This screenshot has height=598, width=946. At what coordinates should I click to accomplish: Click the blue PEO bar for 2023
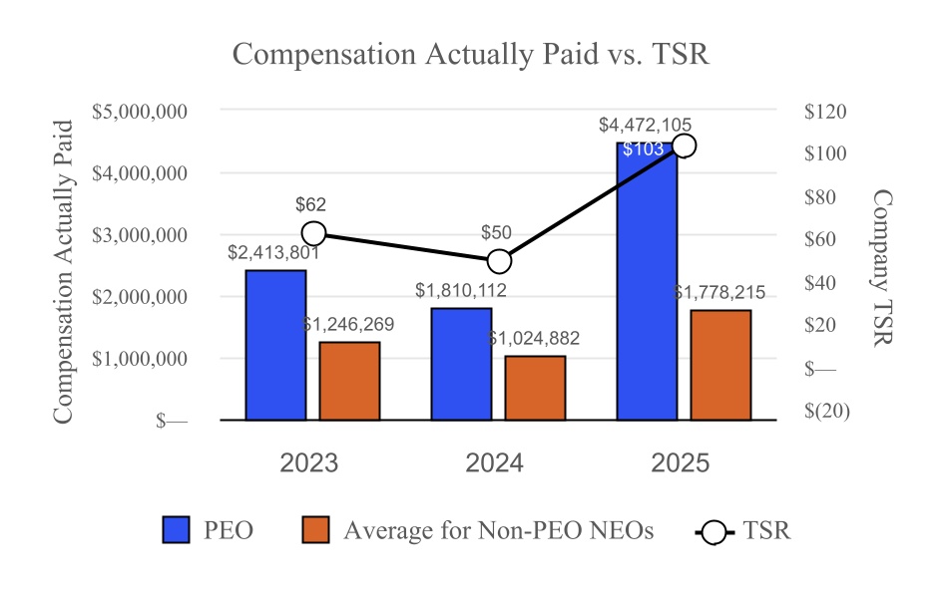click(x=275, y=345)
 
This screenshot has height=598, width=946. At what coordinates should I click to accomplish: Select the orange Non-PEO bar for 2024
click(x=535, y=388)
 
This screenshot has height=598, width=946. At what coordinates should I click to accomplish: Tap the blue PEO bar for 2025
click(x=647, y=289)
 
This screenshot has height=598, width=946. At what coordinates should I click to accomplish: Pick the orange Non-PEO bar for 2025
click(x=720, y=365)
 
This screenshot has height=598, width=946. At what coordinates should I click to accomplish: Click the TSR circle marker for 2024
click(x=499, y=261)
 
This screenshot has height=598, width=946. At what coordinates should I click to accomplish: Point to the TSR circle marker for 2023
click(x=313, y=233)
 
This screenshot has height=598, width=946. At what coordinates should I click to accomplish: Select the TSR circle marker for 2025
click(x=684, y=146)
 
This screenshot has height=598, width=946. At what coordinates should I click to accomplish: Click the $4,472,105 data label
click(x=645, y=125)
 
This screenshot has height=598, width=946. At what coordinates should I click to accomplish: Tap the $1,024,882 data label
click(x=534, y=339)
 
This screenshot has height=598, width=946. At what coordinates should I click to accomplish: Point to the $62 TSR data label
click(x=310, y=204)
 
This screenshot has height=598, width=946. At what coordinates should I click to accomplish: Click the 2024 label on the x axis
click(x=495, y=463)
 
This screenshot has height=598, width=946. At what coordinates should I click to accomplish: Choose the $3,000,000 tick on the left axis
click(x=140, y=235)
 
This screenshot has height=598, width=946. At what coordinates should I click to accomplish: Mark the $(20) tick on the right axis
click(x=826, y=411)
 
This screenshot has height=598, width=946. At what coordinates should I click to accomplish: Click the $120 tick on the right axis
click(x=824, y=111)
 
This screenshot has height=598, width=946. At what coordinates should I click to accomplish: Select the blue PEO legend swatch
click(x=176, y=530)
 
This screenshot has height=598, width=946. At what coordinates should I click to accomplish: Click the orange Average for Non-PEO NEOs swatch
click(x=315, y=530)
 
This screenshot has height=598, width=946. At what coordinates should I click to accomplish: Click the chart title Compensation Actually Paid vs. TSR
click(x=470, y=54)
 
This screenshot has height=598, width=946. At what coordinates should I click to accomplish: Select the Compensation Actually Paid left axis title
click(x=63, y=271)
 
